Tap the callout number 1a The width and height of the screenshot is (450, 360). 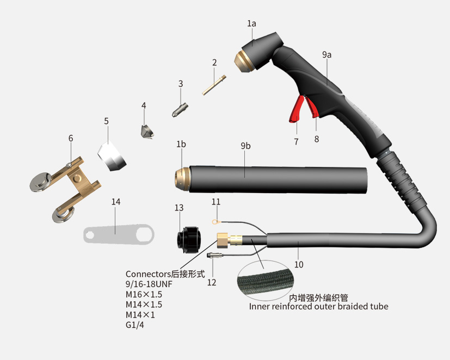[251, 23]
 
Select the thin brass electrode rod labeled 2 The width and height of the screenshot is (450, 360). [214, 85]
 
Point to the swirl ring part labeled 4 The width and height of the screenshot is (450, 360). [147, 132]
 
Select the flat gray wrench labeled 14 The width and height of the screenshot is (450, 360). [119, 234]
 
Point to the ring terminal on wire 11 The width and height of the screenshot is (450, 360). [214, 221]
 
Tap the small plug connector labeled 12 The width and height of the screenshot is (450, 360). [214, 255]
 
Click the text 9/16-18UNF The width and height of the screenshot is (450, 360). [149, 284]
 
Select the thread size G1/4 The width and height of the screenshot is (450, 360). [134, 325]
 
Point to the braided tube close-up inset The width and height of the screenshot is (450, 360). [266, 281]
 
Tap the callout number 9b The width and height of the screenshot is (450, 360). [245, 146]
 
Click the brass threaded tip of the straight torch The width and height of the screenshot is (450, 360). [182, 179]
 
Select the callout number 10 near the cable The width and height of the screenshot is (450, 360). [299, 264]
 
